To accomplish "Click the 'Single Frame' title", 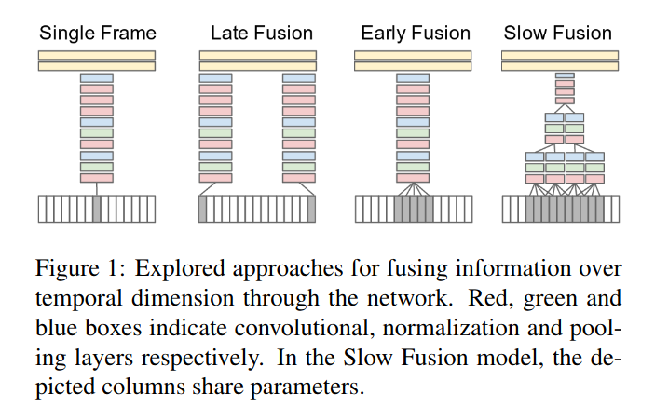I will coord(97,34).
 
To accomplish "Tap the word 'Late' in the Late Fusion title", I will coord(227,34).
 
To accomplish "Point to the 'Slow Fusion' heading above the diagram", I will coord(557,34).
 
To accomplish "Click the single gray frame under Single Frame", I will coord(97,209).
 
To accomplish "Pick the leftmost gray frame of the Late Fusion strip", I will coord(203,209).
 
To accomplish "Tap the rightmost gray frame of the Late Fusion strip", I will coord(311,209).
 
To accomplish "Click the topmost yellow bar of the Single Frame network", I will coord(97,55).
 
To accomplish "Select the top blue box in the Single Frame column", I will coord(97,78).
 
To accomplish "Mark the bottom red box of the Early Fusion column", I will coord(413,177).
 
